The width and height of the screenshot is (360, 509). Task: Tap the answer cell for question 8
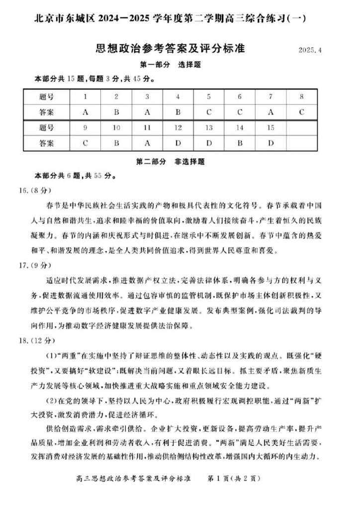click(302, 112)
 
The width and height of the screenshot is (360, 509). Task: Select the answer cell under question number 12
click(178, 144)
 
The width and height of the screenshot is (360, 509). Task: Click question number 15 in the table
click(270, 128)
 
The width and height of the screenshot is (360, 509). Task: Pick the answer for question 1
click(85, 112)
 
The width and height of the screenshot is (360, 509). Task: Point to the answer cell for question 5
click(209, 112)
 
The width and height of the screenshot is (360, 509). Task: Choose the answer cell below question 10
click(116, 144)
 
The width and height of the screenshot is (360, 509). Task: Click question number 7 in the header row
click(270, 97)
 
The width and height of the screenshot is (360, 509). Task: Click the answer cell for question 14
click(240, 144)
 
